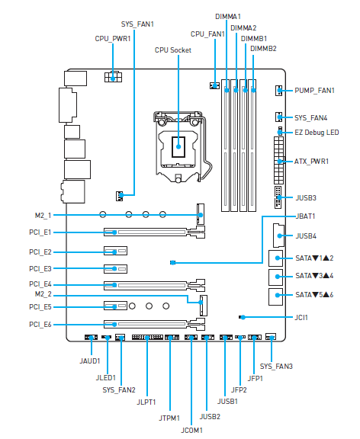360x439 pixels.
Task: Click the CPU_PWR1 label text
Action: tap(113, 39)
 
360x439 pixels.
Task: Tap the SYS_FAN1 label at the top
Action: tap(137, 24)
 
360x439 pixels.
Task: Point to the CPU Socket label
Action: tap(173, 50)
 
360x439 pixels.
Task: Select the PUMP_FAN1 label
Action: tap(314, 91)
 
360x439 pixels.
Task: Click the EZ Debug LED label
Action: tap(317, 132)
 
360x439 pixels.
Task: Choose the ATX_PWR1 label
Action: tap(311, 162)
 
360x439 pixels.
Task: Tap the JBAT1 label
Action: tap(305, 216)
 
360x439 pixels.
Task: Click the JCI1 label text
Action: tap(301, 318)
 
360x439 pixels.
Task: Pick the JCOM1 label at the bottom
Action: tap(191, 431)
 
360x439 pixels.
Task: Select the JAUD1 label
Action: tap(90, 361)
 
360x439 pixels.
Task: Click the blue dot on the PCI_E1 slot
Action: tap(114, 232)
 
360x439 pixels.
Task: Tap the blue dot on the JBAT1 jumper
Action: tap(173, 263)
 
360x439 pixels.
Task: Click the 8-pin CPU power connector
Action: tap(113, 76)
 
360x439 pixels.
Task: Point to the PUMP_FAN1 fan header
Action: tap(278, 91)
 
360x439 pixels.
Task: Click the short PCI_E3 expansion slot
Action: tap(115, 269)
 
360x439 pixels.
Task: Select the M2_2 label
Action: tap(43, 294)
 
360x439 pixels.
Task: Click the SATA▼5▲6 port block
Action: tap(275, 296)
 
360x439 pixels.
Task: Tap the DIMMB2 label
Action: tap(263, 49)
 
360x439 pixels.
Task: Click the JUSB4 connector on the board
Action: tap(278, 236)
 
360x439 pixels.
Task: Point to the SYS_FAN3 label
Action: tap(276, 367)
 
